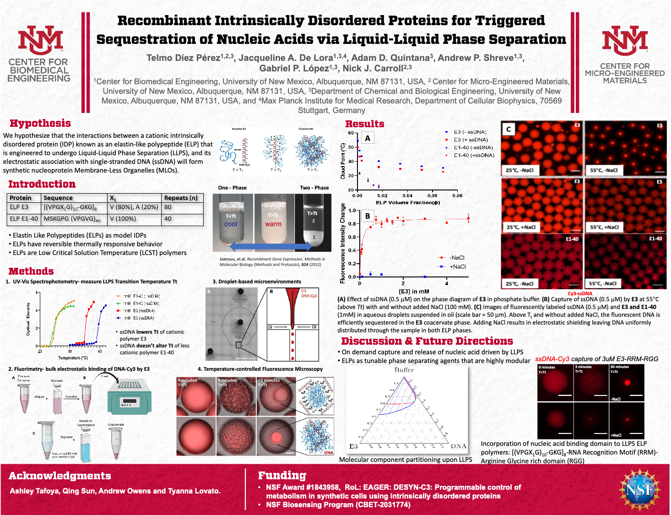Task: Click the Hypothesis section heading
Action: click(40, 123)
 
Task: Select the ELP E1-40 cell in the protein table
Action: click(24, 219)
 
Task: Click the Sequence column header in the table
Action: click(58, 198)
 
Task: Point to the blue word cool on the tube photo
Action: click(231, 224)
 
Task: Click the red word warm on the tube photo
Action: click(273, 224)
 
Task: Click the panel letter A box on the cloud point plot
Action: click(367, 138)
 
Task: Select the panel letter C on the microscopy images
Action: click(509, 129)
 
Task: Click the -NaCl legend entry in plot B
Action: click(456, 258)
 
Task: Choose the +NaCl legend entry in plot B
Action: click(457, 266)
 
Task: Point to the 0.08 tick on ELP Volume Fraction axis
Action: click(457, 195)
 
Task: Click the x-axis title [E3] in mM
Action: click(414, 291)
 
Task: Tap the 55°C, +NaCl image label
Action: click(604, 227)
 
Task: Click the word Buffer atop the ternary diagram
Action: click(404, 370)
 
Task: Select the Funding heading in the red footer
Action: click(282, 476)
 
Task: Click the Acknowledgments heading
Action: click(60, 476)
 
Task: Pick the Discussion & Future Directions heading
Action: click(427, 341)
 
